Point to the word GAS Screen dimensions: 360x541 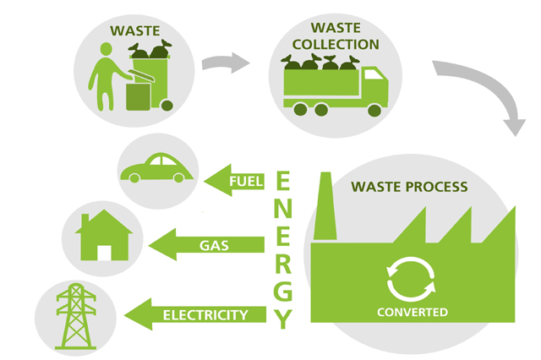[216, 245]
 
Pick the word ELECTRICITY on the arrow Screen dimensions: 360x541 [205, 315]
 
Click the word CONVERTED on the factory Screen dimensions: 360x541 [413, 313]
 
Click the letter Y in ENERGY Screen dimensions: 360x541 [285, 319]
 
